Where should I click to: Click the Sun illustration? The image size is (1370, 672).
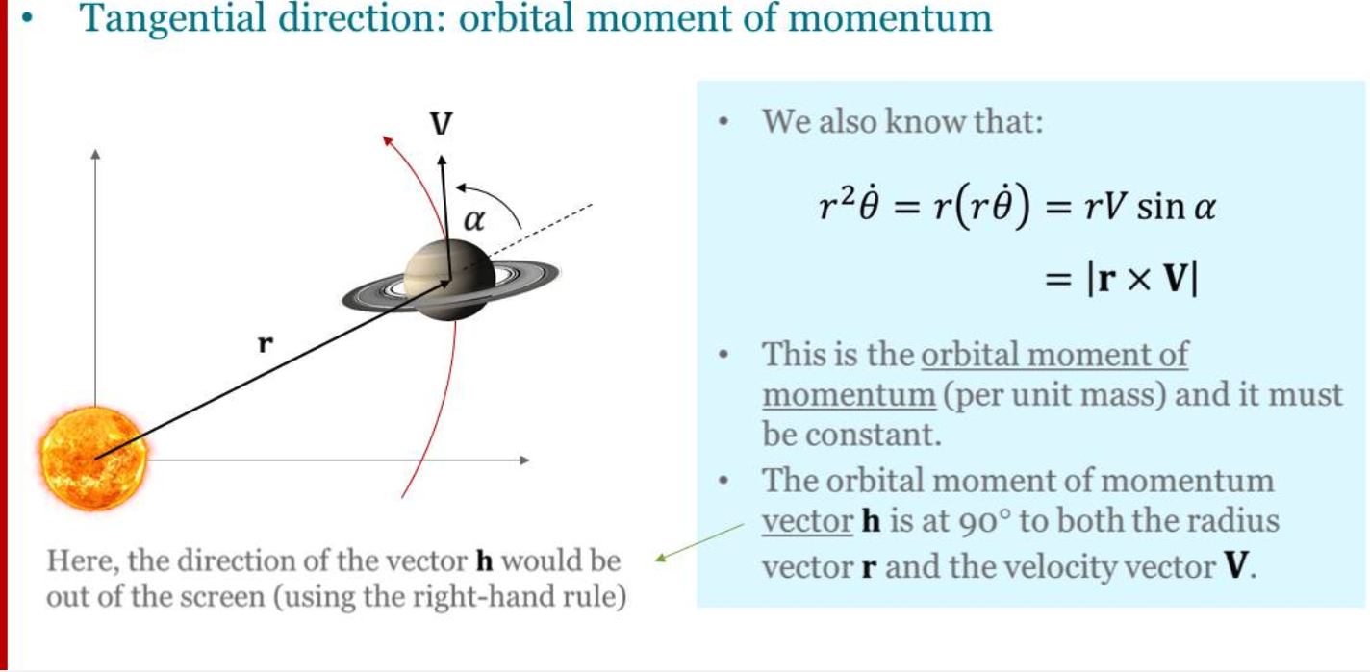point(94,459)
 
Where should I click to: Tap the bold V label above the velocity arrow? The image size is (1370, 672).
point(441,124)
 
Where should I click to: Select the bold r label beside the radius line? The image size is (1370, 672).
point(265,344)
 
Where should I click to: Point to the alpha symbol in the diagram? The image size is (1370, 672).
point(474,220)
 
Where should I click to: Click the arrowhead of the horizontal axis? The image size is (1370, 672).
point(524,460)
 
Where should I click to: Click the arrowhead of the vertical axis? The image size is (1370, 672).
point(95,154)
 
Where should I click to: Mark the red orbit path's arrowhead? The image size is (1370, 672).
point(387,140)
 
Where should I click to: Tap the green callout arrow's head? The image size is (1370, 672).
point(661,558)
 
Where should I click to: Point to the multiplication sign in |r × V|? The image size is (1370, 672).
point(1139,280)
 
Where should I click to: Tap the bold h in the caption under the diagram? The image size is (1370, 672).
point(484,560)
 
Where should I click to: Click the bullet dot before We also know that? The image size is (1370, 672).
point(723,121)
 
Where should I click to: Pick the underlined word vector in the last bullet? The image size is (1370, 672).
point(807,522)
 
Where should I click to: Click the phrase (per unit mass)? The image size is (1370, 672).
point(1054,395)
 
